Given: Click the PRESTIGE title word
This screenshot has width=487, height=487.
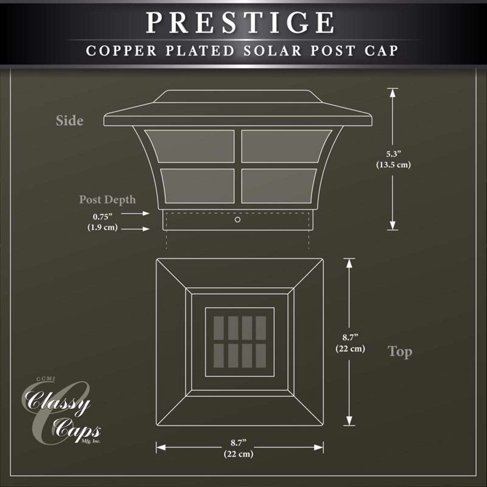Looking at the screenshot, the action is pyautogui.click(x=240, y=22).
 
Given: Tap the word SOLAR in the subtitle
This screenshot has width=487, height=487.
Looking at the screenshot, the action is pyautogui.click(x=272, y=51).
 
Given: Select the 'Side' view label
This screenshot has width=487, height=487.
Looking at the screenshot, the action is pyautogui.click(x=69, y=120).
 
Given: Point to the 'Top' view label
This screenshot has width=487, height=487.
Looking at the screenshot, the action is pyautogui.click(x=400, y=352).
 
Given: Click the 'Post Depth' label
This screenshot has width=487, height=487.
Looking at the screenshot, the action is pyautogui.click(x=107, y=199).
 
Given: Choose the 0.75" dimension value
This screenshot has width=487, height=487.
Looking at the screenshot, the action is pyautogui.click(x=102, y=217).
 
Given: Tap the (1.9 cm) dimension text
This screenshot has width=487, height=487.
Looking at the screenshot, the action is pyautogui.click(x=102, y=227).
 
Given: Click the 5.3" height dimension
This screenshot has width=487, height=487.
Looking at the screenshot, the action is pyautogui.click(x=393, y=154).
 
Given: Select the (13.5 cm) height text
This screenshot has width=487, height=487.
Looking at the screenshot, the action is pyautogui.click(x=393, y=165).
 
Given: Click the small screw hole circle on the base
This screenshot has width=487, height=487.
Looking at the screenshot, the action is pyautogui.click(x=238, y=220).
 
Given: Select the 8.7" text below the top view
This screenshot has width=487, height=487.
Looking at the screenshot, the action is pyautogui.click(x=239, y=443).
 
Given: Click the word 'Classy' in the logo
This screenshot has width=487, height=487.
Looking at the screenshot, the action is pyautogui.click(x=58, y=403).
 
